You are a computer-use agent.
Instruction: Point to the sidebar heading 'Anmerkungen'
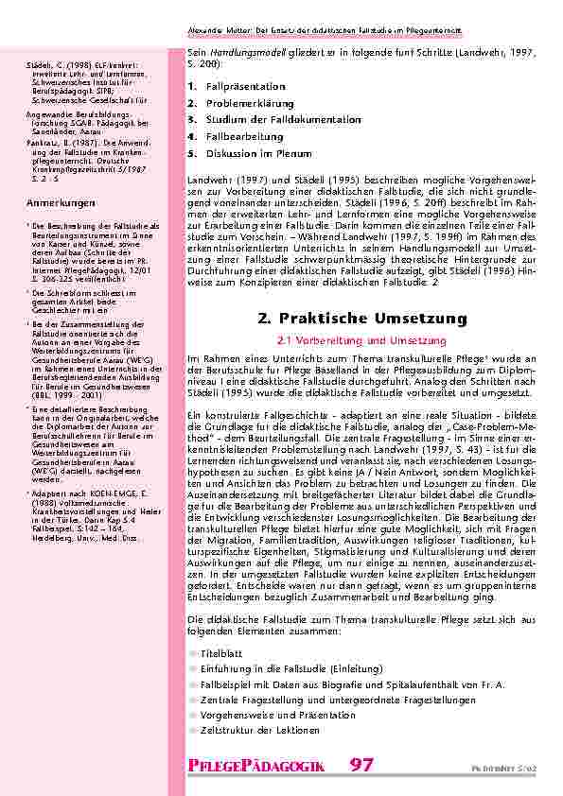click(45, 204)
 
